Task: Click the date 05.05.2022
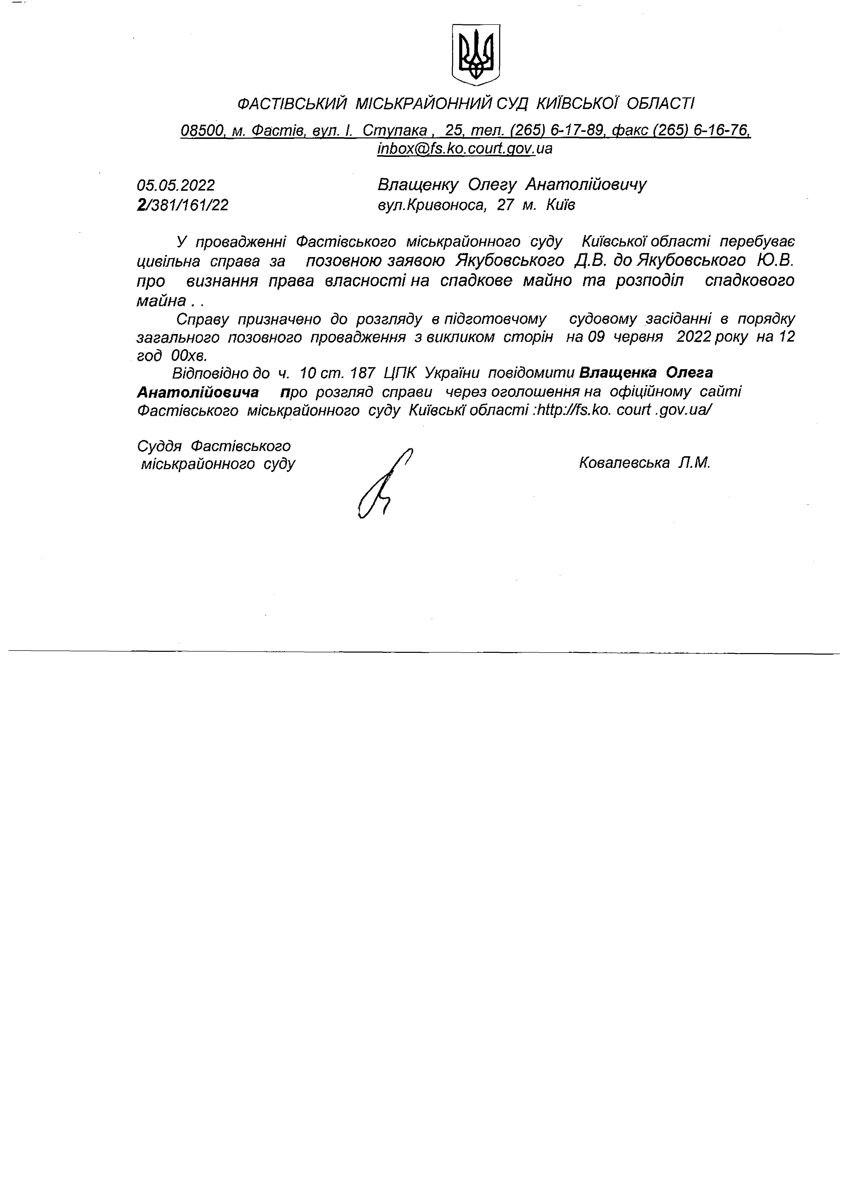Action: (176, 185)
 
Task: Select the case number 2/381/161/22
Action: (182, 205)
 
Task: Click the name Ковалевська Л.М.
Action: (644, 463)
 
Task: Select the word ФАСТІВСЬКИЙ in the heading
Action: (292, 104)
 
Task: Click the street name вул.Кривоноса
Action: (431, 205)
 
